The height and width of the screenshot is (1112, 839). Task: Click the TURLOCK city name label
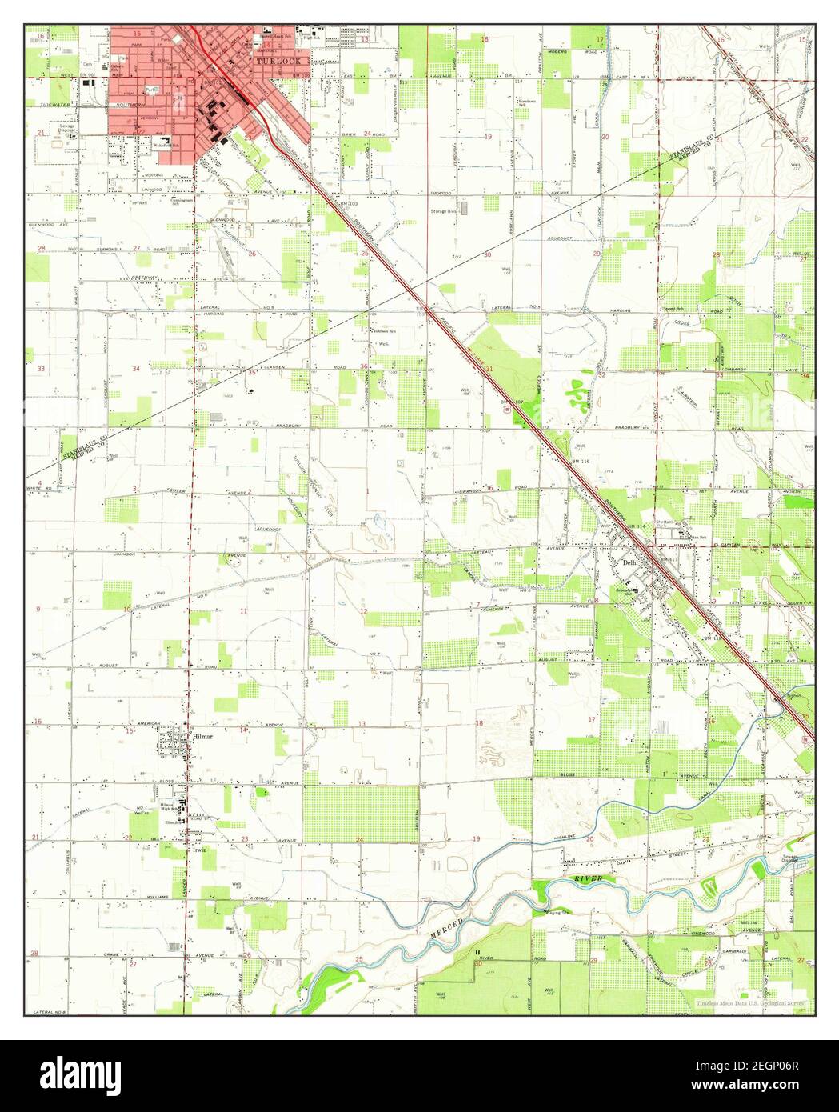pos(276,61)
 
